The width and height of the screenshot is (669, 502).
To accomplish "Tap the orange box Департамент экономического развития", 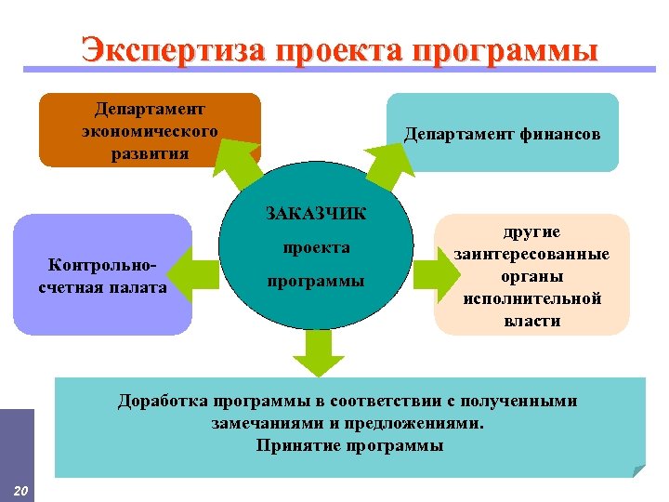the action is [149, 130].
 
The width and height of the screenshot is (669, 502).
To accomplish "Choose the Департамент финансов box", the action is [502, 134].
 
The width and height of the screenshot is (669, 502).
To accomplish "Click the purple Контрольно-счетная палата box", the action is [102, 275].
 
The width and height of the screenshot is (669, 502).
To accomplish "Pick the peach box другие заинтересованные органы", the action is [531, 275].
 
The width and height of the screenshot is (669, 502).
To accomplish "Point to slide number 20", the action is [21, 490].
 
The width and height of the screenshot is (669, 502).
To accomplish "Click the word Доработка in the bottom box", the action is [163, 402].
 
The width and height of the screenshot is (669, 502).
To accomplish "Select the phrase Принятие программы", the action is [349, 445].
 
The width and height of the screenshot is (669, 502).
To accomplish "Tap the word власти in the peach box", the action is [531, 320].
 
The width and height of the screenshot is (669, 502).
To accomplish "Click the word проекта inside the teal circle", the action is [315, 247].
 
